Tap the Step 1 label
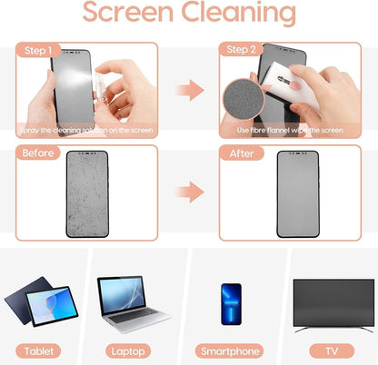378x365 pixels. [x=39, y=51]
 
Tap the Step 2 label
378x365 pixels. [x=242, y=51]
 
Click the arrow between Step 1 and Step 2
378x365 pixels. [x=188, y=90]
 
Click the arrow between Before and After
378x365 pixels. [x=188, y=192]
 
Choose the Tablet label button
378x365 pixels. [x=43, y=350]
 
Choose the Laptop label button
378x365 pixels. [x=135, y=350]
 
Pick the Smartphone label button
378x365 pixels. [x=231, y=350]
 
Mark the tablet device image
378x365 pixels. [x=42, y=307]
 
